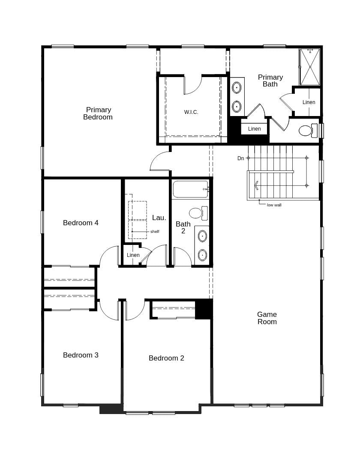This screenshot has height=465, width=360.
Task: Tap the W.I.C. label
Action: click(x=191, y=112)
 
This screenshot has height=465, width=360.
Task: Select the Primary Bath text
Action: click(x=270, y=80)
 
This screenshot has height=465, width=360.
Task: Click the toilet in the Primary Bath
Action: click(x=306, y=130)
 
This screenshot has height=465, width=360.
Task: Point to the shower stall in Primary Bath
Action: click(x=309, y=67)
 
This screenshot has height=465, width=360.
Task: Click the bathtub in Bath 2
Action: click(x=190, y=189)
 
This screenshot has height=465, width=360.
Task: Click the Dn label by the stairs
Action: click(x=241, y=158)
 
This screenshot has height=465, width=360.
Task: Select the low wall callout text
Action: click(x=274, y=205)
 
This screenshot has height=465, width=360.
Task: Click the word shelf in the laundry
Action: click(x=155, y=232)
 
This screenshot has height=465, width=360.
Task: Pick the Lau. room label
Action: click(x=159, y=218)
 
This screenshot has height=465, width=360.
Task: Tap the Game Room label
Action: click(x=267, y=318)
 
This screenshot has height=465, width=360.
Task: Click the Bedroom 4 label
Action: click(x=81, y=223)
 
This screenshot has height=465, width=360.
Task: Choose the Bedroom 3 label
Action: click(x=81, y=355)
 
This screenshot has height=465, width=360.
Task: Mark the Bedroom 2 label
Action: click(x=166, y=358)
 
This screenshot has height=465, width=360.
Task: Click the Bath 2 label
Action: click(x=183, y=227)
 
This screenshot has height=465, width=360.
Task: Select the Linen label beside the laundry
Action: click(x=133, y=255)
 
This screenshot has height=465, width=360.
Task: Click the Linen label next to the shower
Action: click(x=309, y=102)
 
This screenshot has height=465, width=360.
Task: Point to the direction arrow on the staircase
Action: click(x=256, y=185)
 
